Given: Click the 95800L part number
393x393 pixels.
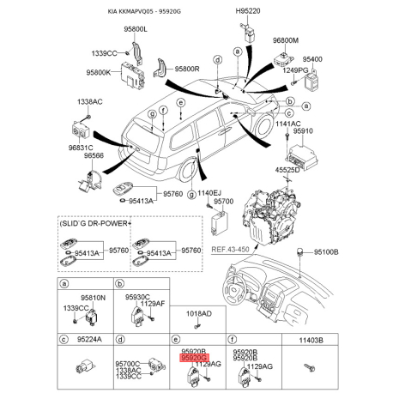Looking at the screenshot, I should click(x=134, y=30).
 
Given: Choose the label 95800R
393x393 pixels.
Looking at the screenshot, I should click(x=181, y=68).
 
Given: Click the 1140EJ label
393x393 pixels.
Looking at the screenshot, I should click(x=204, y=194).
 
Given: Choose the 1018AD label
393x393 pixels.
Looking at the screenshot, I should click(x=199, y=314).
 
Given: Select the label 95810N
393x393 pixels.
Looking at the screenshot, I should click(x=93, y=297).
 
